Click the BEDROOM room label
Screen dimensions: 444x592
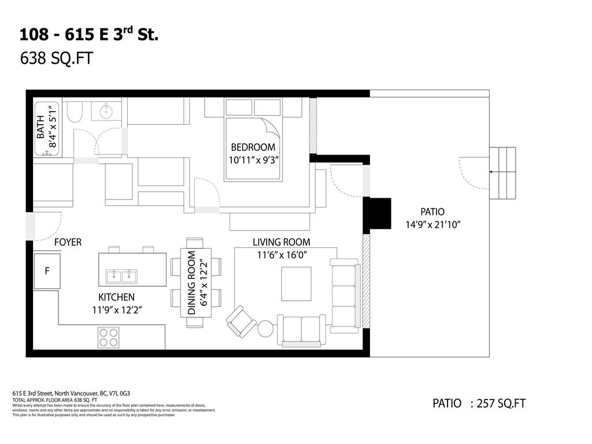(x=253, y=147)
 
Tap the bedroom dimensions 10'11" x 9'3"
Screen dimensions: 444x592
(x=253, y=160)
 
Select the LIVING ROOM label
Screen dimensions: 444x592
(x=281, y=242)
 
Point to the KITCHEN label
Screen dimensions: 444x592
(x=116, y=297)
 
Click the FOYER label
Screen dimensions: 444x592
(x=68, y=242)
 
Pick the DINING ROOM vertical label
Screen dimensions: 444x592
(x=192, y=282)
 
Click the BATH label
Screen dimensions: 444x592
(x=40, y=128)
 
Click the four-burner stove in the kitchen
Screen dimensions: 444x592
(x=108, y=337)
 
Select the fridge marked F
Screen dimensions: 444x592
(x=46, y=270)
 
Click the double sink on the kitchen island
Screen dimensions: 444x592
(x=121, y=276)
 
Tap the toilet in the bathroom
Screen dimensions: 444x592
(x=75, y=112)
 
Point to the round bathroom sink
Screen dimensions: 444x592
(x=106, y=112)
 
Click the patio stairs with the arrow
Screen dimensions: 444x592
(x=502, y=172)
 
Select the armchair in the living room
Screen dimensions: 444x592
(x=241, y=321)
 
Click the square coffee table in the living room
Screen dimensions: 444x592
(x=296, y=283)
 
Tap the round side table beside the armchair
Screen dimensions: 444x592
(x=265, y=328)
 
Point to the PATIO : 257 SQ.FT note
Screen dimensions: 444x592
(x=479, y=404)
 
